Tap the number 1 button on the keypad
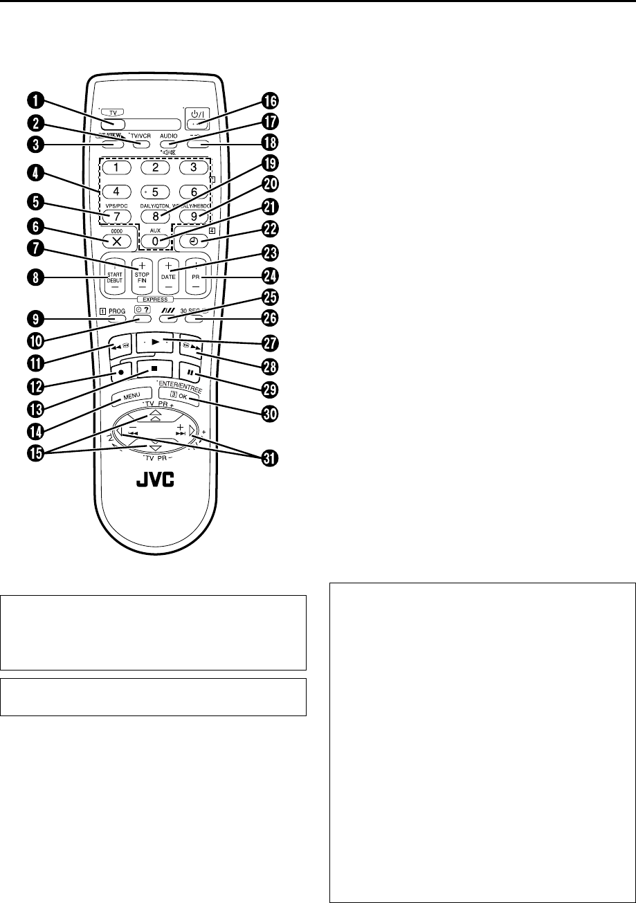click(x=118, y=167)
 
